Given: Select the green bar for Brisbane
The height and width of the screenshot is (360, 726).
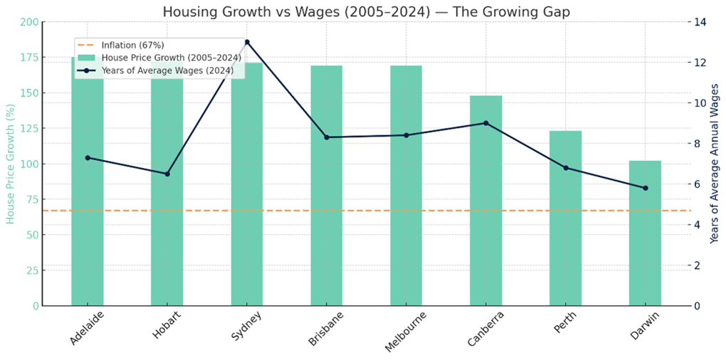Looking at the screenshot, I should point(327,185).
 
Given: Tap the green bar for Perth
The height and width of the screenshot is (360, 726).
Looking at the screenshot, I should point(565,218).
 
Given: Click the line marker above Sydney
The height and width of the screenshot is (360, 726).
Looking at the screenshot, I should point(247,42).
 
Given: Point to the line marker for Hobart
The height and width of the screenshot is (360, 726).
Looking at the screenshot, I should point(167,174).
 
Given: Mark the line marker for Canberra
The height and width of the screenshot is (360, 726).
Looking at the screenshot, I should point(485,123).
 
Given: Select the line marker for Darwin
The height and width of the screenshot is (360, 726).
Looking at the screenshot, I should point(645,188).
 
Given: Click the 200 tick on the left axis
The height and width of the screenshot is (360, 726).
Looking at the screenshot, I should point(31,22).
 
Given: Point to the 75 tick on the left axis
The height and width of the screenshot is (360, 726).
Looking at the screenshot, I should point(33,199).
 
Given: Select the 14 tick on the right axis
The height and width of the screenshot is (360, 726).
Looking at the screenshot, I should point(700,22).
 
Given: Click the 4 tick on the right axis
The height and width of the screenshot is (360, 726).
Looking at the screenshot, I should point(698,225).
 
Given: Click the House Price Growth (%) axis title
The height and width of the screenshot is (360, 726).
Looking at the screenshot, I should point(11,164).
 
